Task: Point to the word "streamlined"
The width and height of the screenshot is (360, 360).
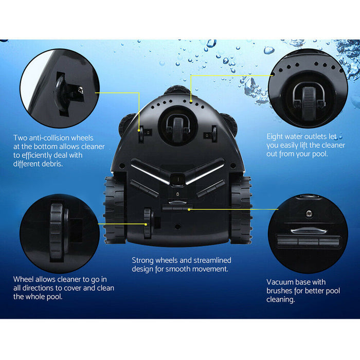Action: [x=212, y=260]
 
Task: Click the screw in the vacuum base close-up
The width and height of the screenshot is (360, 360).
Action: [x=309, y=214]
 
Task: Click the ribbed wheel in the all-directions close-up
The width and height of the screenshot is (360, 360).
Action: [x=57, y=232]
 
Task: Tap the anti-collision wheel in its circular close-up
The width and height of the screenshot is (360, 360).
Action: [x=60, y=94]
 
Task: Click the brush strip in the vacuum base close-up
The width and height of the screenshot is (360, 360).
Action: [x=309, y=241]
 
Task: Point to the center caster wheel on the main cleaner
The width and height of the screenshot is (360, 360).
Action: [x=177, y=130]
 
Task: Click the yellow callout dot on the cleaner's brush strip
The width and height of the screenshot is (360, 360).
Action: [x=189, y=209]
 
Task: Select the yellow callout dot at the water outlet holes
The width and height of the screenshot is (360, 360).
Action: [x=191, y=101]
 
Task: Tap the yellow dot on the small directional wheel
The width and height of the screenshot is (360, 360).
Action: [x=146, y=224]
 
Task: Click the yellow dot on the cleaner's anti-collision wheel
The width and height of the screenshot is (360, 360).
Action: [x=139, y=131]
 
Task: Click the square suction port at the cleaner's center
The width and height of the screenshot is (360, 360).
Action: [x=177, y=179]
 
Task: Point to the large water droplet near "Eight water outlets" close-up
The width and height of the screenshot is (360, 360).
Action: [x=269, y=49]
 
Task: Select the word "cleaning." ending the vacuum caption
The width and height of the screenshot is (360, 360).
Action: [x=281, y=300]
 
